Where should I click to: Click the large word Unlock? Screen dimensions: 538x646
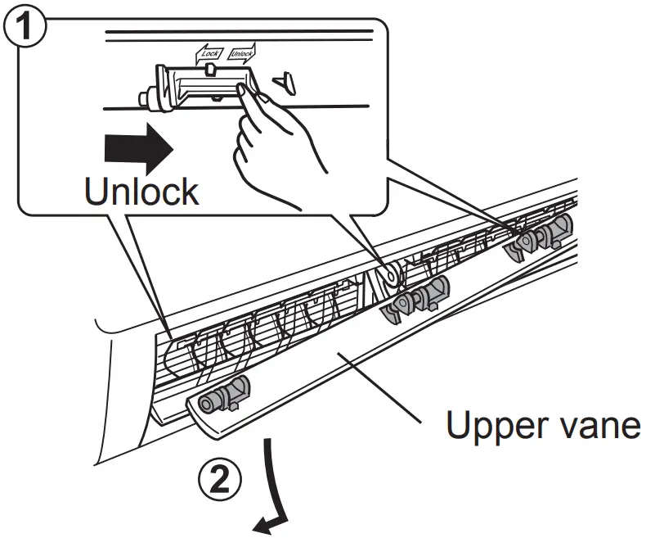141,191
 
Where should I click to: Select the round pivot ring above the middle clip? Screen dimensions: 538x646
389,275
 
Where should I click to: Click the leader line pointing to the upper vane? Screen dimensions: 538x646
384,389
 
